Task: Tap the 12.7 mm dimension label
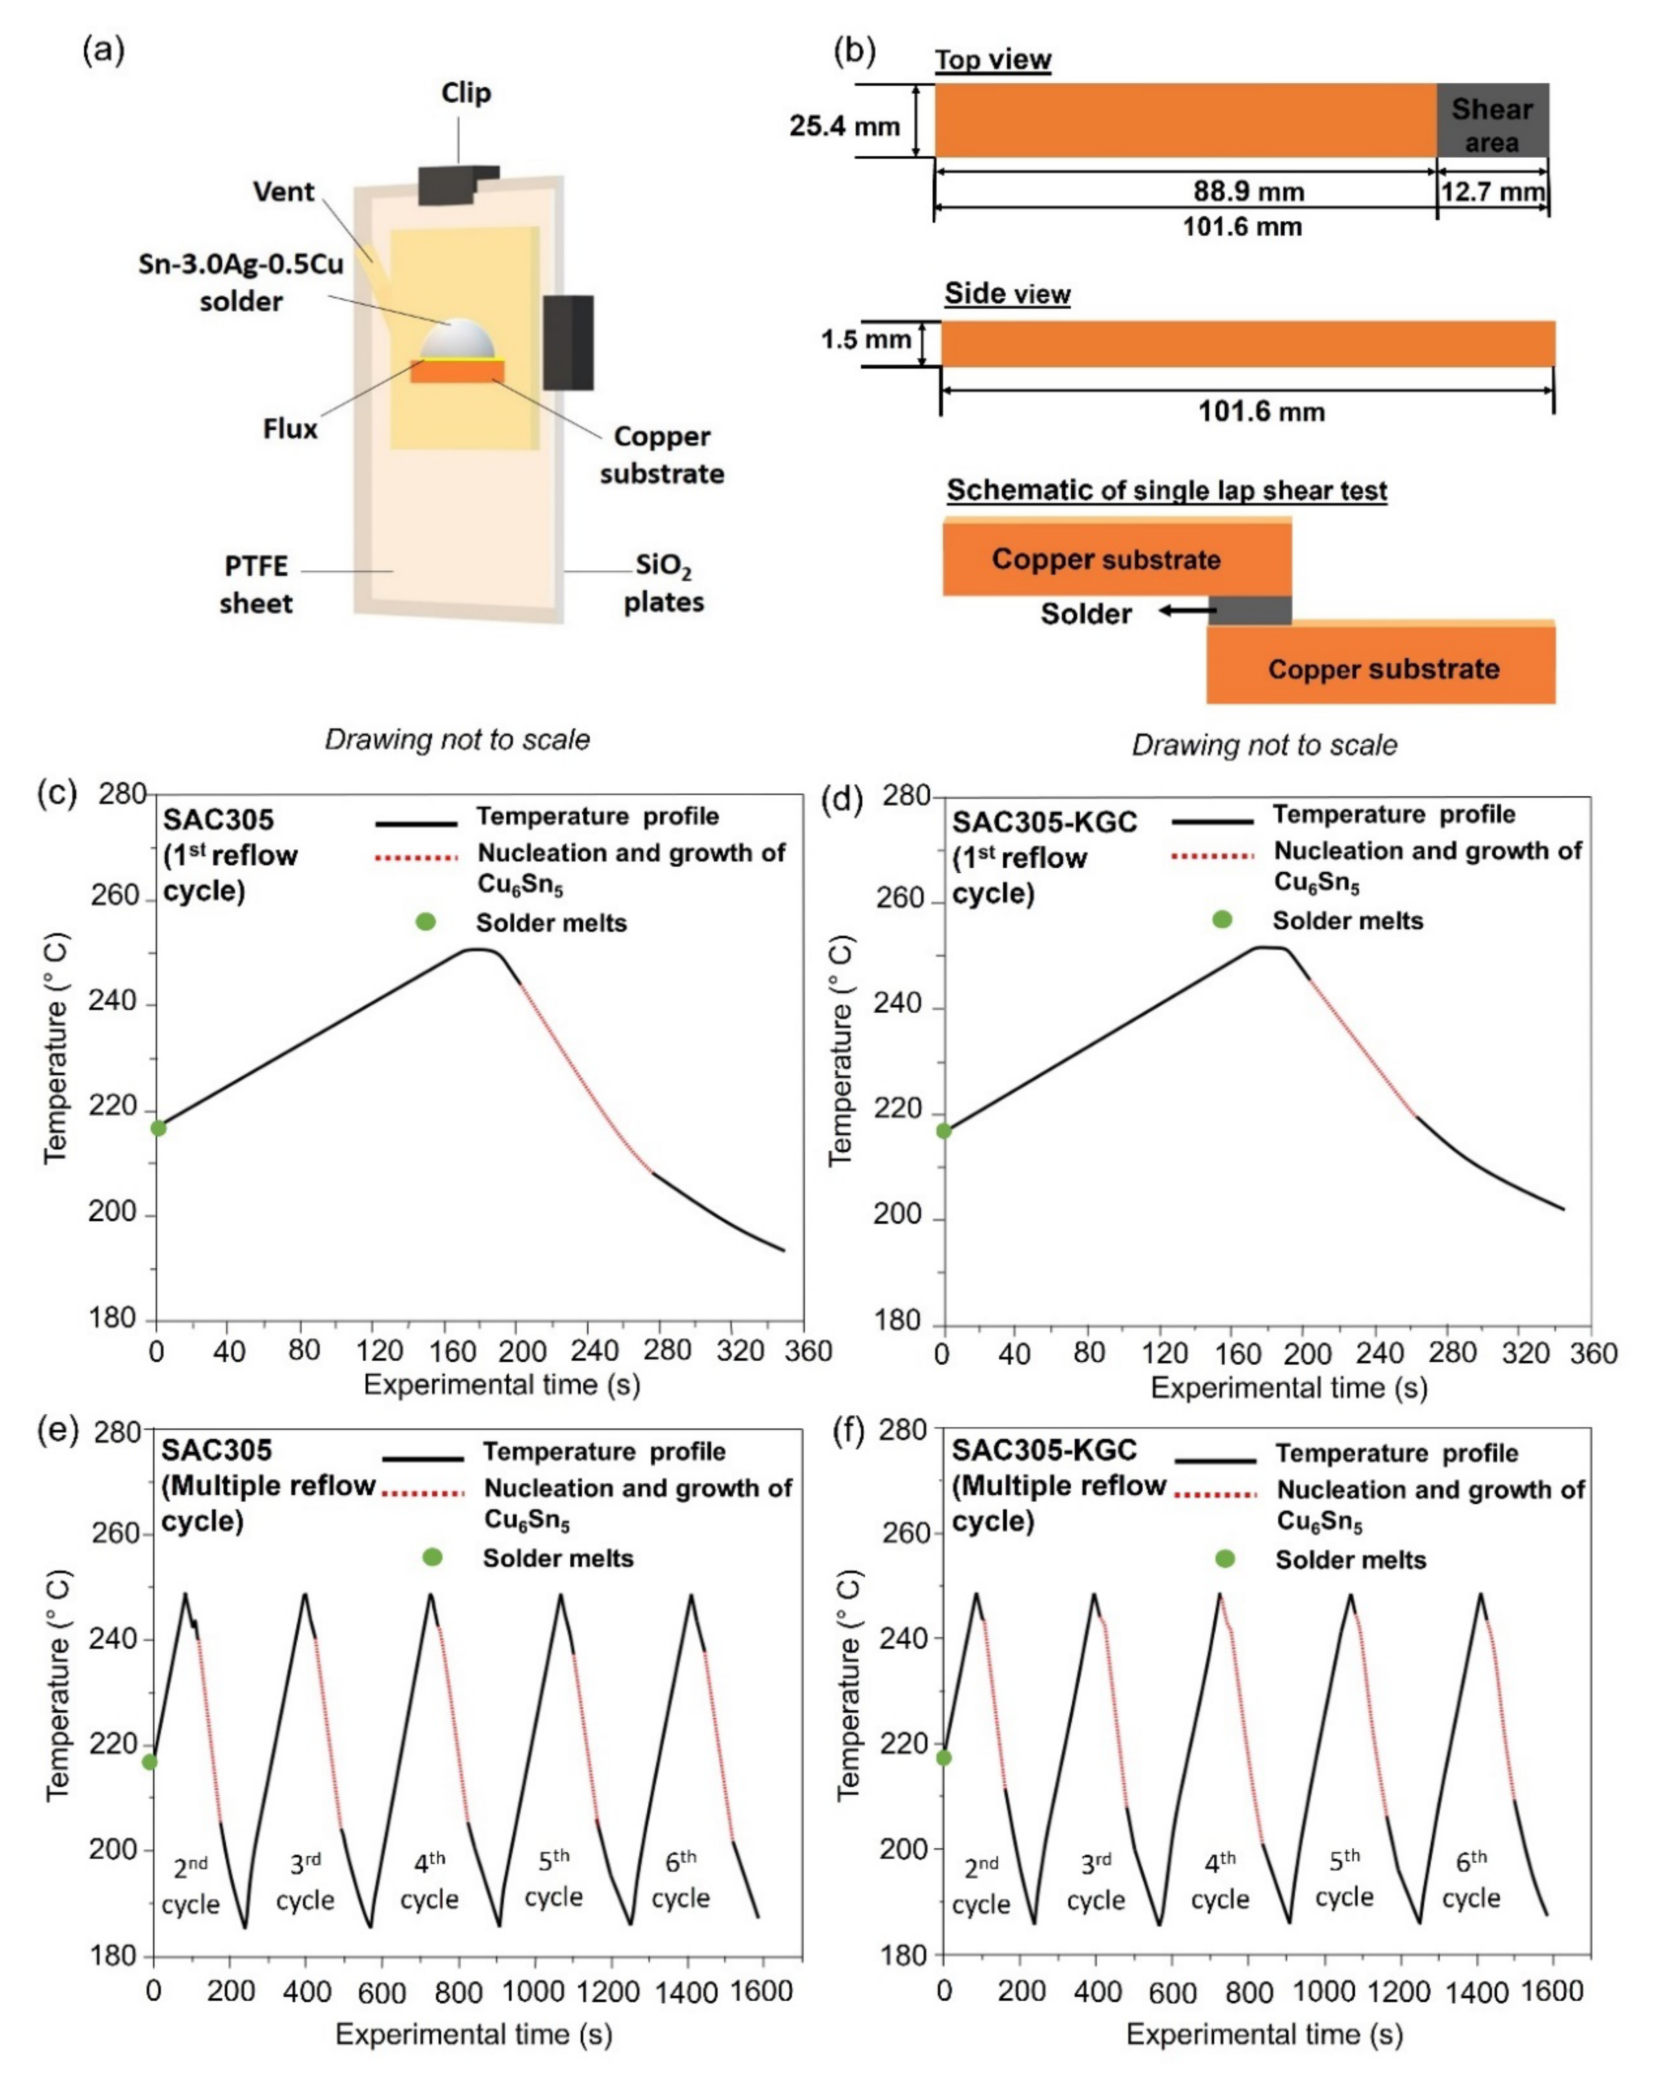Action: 1492,191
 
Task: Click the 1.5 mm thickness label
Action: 865,340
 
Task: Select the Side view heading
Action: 1007,293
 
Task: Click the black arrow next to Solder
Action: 1187,610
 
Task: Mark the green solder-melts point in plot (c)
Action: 158,1128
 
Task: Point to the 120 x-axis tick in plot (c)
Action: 379,1350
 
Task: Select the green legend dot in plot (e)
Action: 433,1558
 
